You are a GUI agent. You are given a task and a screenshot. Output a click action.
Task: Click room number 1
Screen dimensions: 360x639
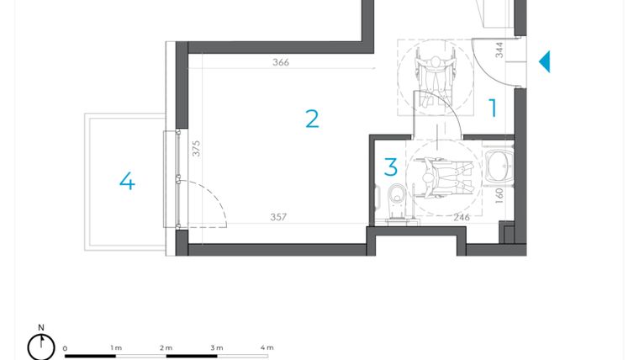pos(494,108)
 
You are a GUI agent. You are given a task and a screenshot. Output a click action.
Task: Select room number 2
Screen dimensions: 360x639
pos(312,119)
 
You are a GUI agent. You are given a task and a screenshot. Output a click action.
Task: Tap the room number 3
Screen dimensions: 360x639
pos(390,167)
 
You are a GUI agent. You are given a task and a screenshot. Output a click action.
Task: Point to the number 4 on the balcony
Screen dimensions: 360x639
pos(127,181)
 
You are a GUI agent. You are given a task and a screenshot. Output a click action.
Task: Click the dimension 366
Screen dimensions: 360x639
pos(281,62)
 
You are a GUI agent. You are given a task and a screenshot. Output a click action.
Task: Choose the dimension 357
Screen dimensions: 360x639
pos(278,217)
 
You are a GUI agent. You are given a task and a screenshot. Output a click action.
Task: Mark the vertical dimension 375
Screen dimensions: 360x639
pos(196,149)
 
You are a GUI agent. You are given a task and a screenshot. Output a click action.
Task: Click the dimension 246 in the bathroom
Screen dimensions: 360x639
pos(462,217)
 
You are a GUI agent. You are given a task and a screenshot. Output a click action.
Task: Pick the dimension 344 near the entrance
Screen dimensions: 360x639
pos(499,50)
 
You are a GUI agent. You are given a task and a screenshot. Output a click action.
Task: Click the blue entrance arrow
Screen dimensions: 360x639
pos(544,61)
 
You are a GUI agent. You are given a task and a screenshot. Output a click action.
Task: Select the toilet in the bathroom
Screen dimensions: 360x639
pos(396,196)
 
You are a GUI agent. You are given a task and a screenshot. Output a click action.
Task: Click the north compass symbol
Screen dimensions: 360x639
pos(41,347)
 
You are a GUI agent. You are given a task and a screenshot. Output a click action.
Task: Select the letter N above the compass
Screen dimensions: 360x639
pos(41,328)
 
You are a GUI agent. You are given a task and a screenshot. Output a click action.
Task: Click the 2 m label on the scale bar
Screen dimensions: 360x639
pos(166,347)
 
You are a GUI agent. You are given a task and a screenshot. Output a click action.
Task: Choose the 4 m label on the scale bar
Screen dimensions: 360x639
pos(267,347)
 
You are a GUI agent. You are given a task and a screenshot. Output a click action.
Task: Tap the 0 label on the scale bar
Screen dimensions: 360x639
pos(65,348)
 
